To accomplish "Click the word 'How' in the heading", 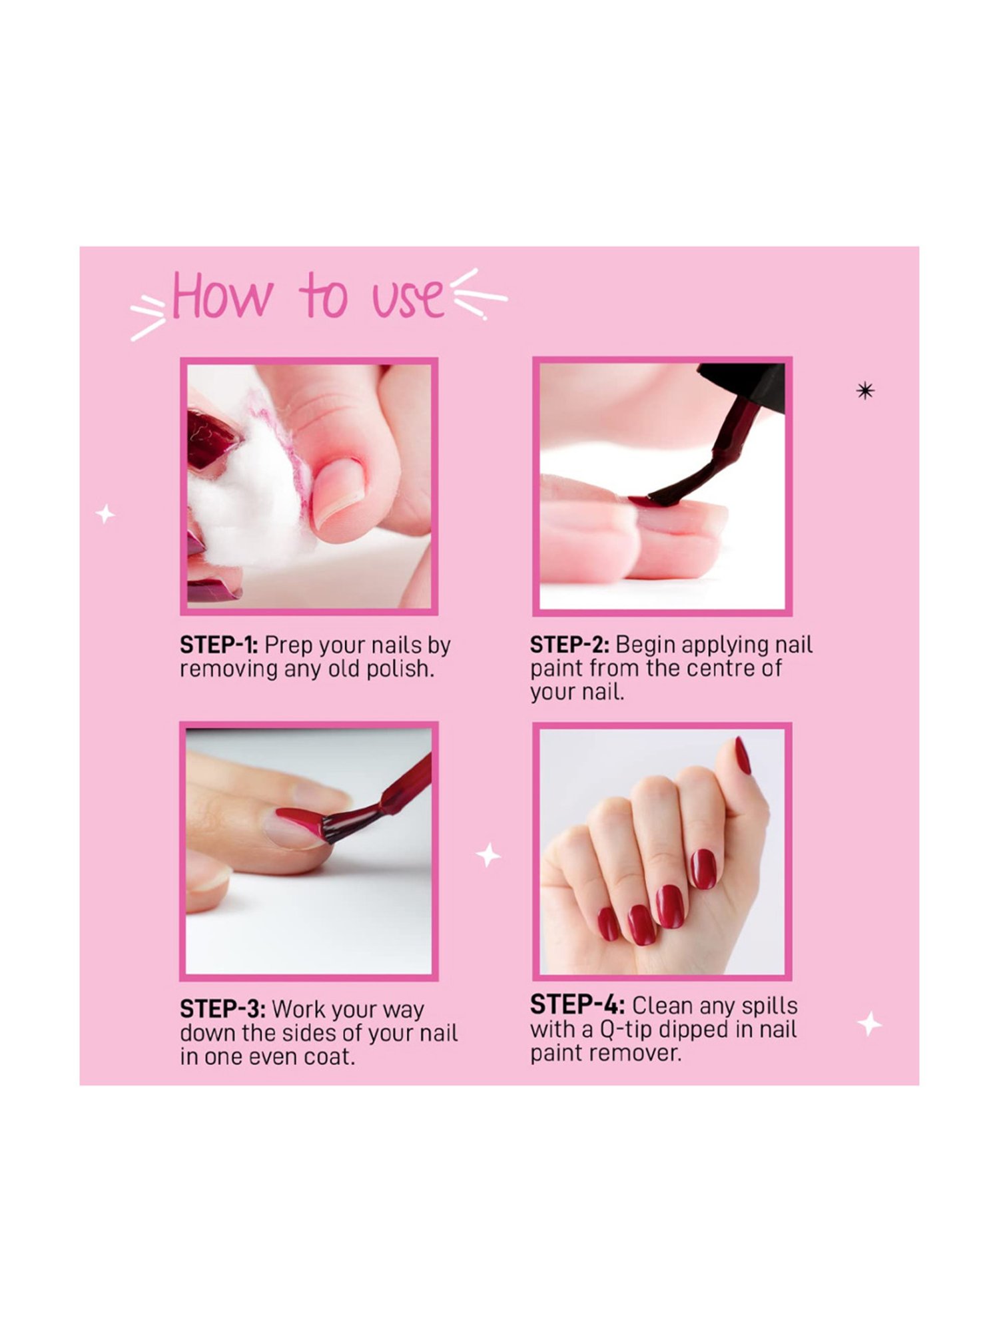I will [x=222, y=296].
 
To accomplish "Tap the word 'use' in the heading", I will [x=408, y=298].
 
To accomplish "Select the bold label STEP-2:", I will [x=569, y=645].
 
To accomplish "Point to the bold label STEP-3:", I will [x=222, y=1010].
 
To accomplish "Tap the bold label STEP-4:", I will [x=577, y=1005].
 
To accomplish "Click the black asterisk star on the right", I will [x=864, y=391].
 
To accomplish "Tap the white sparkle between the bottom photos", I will [x=488, y=855].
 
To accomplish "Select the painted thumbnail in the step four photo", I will [x=743, y=756].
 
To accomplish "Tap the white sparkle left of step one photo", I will [x=105, y=514].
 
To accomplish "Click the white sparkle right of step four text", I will [x=869, y=1024].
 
